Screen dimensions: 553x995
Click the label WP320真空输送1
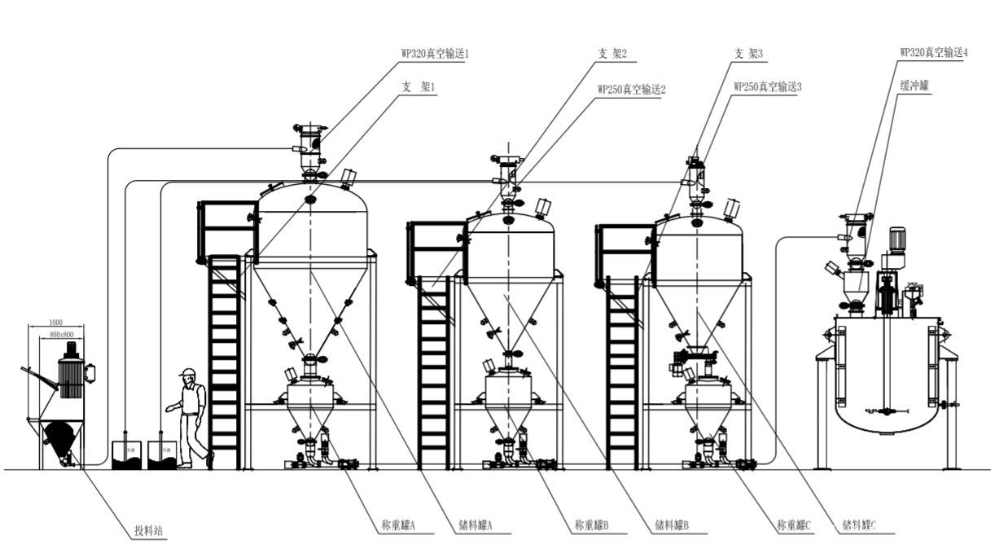pyautogui.click(x=434, y=54)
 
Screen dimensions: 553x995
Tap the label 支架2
pyautogui.click(x=612, y=54)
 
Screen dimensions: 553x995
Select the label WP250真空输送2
pyautogui.click(x=631, y=89)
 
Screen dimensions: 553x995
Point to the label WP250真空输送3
pyautogui.click(x=768, y=86)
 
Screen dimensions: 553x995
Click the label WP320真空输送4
pyautogui.click(x=933, y=52)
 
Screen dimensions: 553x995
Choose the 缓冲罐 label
pyautogui.click(x=914, y=83)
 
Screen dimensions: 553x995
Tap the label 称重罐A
pyautogui.click(x=399, y=526)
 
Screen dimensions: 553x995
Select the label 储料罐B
pyautogui.click(x=673, y=526)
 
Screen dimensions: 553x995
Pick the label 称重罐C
pyautogui.click(x=795, y=526)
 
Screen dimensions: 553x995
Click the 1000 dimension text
pyautogui.click(x=56, y=323)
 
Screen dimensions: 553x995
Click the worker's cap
pyautogui.click(x=188, y=372)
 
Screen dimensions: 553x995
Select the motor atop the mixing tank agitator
pyautogui.click(x=897, y=239)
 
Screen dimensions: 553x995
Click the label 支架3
pyautogui.click(x=748, y=54)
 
